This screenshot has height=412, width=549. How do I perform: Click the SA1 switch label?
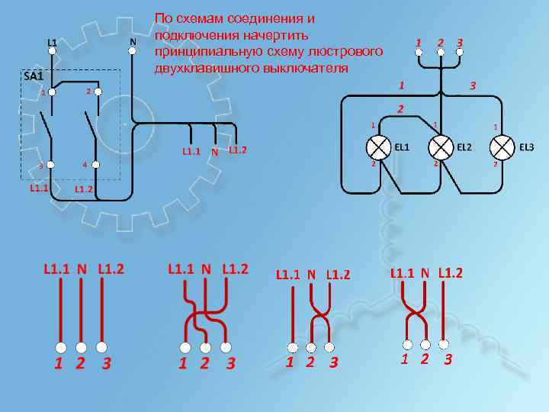coord(33,76)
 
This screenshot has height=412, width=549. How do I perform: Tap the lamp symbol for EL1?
coord(378,146)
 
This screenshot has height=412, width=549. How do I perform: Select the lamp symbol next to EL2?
coord(439,146)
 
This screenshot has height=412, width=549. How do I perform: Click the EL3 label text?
coord(527,146)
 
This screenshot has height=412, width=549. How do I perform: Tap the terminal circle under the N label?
coord(133,52)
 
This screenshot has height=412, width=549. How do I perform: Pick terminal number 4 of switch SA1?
coord(95,165)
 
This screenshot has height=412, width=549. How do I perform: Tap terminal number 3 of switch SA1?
coord(51,165)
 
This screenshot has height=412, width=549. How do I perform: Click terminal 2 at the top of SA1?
coord(95,92)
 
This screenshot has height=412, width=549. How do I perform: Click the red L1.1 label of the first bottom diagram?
coord(56,269)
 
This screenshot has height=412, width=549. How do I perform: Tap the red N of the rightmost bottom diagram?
coord(425,272)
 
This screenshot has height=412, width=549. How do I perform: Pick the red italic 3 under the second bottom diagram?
coord(230,363)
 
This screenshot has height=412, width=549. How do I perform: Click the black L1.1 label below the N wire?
coord(191,151)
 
